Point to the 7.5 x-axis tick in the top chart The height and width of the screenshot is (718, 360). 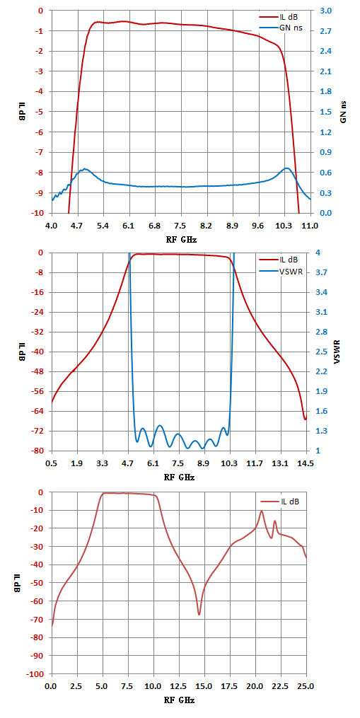(x=181, y=225)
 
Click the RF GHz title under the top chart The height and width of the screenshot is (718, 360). (x=181, y=238)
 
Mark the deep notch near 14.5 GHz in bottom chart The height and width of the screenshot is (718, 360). (x=199, y=614)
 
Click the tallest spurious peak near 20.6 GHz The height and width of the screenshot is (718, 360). (x=262, y=511)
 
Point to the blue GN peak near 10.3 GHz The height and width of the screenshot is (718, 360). (x=286, y=168)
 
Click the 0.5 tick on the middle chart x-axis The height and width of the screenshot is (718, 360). (x=52, y=463)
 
